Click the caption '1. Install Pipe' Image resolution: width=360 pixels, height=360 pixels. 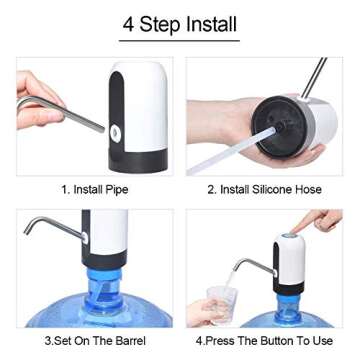pos(94,188)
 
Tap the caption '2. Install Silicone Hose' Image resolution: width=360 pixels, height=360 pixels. pos(267,188)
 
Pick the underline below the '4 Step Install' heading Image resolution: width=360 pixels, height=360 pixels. pos(180,41)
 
